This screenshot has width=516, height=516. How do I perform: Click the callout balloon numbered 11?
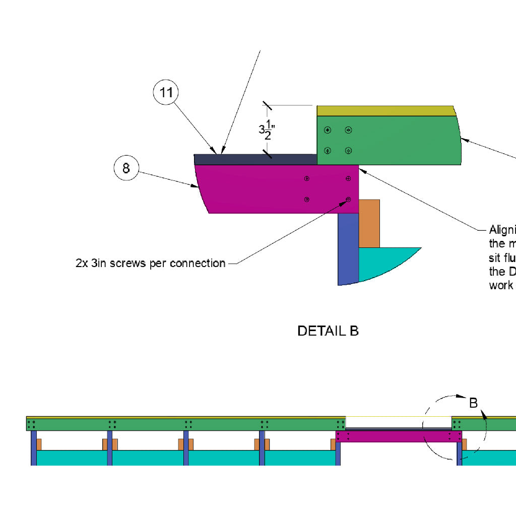click(166, 93)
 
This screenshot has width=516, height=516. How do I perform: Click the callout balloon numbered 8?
click(126, 168)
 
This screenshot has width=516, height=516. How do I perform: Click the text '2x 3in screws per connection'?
click(150, 263)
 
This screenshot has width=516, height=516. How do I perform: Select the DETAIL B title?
click(328, 331)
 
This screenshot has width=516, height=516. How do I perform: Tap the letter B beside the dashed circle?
click(473, 403)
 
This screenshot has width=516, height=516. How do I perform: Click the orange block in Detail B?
click(369, 224)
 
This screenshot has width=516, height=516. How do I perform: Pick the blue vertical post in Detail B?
click(348, 249)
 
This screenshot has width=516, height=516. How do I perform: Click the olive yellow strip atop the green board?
click(385, 111)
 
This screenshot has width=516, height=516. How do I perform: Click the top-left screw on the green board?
click(328, 130)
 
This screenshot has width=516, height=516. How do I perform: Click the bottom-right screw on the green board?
click(348, 150)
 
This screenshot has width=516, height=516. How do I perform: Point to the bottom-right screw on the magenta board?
click(348, 200)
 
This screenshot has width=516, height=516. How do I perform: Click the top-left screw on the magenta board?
click(306, 179)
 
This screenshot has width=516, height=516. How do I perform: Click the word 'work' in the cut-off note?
click(501, 285)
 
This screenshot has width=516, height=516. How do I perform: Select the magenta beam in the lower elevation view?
click(398, 436)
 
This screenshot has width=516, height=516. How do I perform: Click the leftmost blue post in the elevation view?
click(33, 447)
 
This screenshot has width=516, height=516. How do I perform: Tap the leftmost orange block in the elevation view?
click(39, 444)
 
